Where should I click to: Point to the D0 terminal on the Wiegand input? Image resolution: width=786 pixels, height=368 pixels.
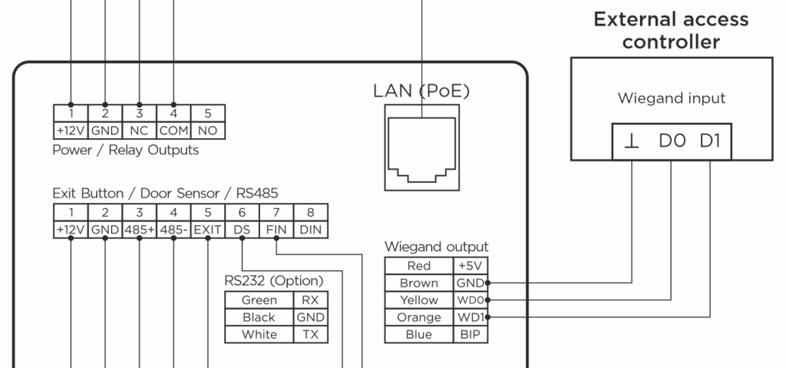pos(672,143)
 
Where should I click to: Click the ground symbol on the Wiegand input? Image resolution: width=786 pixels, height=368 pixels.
pos(631,143)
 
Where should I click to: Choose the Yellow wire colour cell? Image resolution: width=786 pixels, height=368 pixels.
pos(420,300)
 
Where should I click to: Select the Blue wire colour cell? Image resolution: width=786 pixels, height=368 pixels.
pos(420,334)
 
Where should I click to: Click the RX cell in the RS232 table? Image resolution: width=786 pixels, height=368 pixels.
pos(309,300)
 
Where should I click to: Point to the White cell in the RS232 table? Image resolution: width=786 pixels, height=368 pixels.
pos(259,334)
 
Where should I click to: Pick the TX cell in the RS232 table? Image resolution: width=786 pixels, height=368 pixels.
pos(309,334)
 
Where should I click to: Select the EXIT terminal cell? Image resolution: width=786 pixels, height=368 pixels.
pos(207,229)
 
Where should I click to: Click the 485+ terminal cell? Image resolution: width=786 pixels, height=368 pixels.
pos(140,229)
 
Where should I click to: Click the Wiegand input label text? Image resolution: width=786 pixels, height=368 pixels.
pos(670,98)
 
